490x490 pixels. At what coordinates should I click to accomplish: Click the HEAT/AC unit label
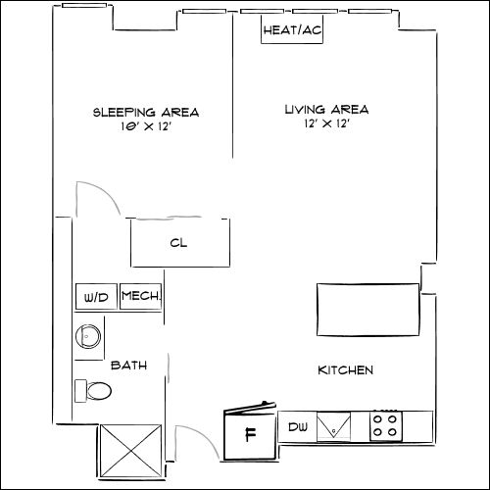pyautogui.click(x=292, y=30)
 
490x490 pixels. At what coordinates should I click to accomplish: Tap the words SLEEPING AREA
pyautogui.click(x=146, y=112)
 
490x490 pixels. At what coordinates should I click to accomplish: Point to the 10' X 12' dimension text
pyautogui.click(x=146, y=126)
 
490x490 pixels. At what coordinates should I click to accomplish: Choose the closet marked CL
pyautogui.click(x=181, y=243)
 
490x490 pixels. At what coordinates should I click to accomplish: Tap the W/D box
pyautogui.click(x=96, y=297)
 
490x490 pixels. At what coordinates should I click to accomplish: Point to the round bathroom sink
pyautogui.click(x=89, y=336)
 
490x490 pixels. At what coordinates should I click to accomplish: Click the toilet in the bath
pyautogui.click(x=95, y=391)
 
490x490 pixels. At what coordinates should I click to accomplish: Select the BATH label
pyautogui.click(x=128, y=366)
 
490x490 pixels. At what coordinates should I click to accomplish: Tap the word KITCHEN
pyautogui.click(x=346, y=370)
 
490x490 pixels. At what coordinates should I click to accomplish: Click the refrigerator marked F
pyautogui.click(x=250, y=434)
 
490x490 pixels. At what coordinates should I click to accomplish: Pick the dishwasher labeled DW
pyautogui.click(x=298, y=427)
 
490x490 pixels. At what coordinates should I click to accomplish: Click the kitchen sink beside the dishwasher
pyautogui.click(x=335, y=427)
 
